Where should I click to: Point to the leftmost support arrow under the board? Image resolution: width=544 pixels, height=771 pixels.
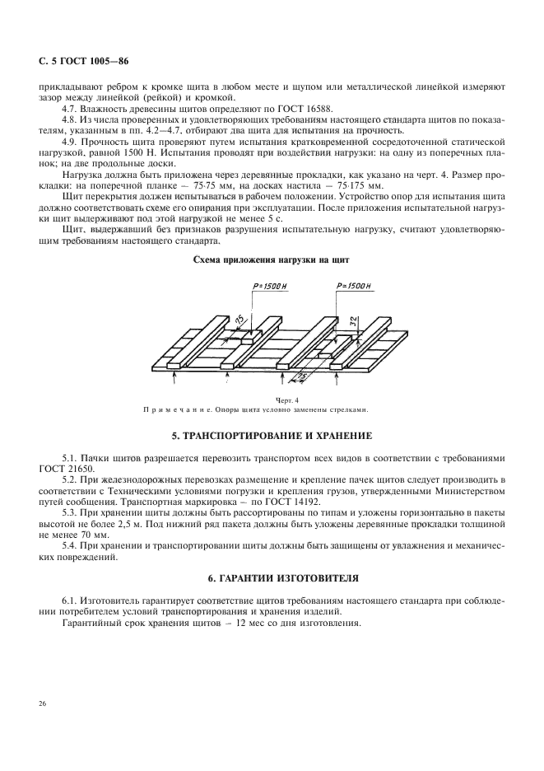(x=174, y=379)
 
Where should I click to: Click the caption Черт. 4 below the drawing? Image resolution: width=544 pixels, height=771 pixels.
(x=265, y=399)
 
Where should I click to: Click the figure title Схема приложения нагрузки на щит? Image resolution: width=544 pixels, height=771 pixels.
(x=271, y=259)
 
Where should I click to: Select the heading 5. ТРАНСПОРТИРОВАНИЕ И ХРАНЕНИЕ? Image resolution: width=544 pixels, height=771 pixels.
(x=271, y=434)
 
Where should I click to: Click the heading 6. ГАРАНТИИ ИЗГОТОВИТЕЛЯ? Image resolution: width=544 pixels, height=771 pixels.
(x=271, y=580)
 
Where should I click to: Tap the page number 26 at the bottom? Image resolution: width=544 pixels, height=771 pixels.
(x=42, y=703)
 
